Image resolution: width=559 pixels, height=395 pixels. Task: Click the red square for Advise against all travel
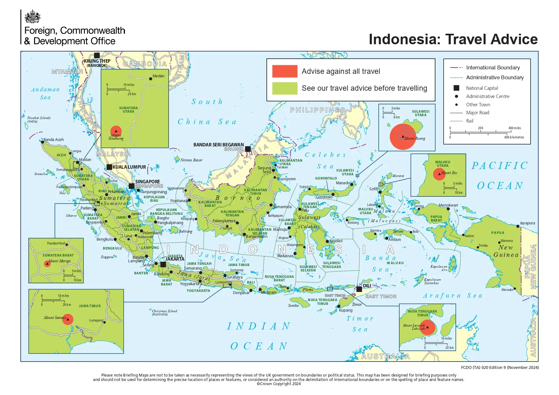click(285, 71)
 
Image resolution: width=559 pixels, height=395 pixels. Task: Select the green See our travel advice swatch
click(285, 88)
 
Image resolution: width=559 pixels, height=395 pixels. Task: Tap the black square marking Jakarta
click(163, 264)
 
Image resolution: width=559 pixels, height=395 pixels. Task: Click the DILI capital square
click(359, 289)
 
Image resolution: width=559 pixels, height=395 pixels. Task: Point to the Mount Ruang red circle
click(403, 137)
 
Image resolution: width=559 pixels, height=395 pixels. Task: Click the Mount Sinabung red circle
click(116, 131)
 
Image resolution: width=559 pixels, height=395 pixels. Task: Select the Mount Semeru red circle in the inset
click(68, 319)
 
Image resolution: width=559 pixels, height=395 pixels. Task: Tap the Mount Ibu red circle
click(439, 174)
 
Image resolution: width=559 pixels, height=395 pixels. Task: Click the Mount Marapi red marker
click(47, 264)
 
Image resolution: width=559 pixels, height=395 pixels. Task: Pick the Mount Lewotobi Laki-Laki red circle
click(427, 327)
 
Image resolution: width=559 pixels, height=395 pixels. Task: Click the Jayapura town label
click(527, 223)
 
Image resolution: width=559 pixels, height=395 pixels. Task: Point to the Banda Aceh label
click(54, 140)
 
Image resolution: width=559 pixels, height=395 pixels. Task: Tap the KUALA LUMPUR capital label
click(129, 167)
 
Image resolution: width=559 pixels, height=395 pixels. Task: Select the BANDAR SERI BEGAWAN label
click(219, 145)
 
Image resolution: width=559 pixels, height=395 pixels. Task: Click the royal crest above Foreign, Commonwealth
click(33, 17)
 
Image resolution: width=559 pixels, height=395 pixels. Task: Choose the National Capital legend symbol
click(456, 88)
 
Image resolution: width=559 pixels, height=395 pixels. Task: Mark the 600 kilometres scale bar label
click(514, 137)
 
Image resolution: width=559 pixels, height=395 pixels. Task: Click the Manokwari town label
click(448, 205)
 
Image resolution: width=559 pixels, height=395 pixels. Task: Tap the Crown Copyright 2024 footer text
click(279, 384)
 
